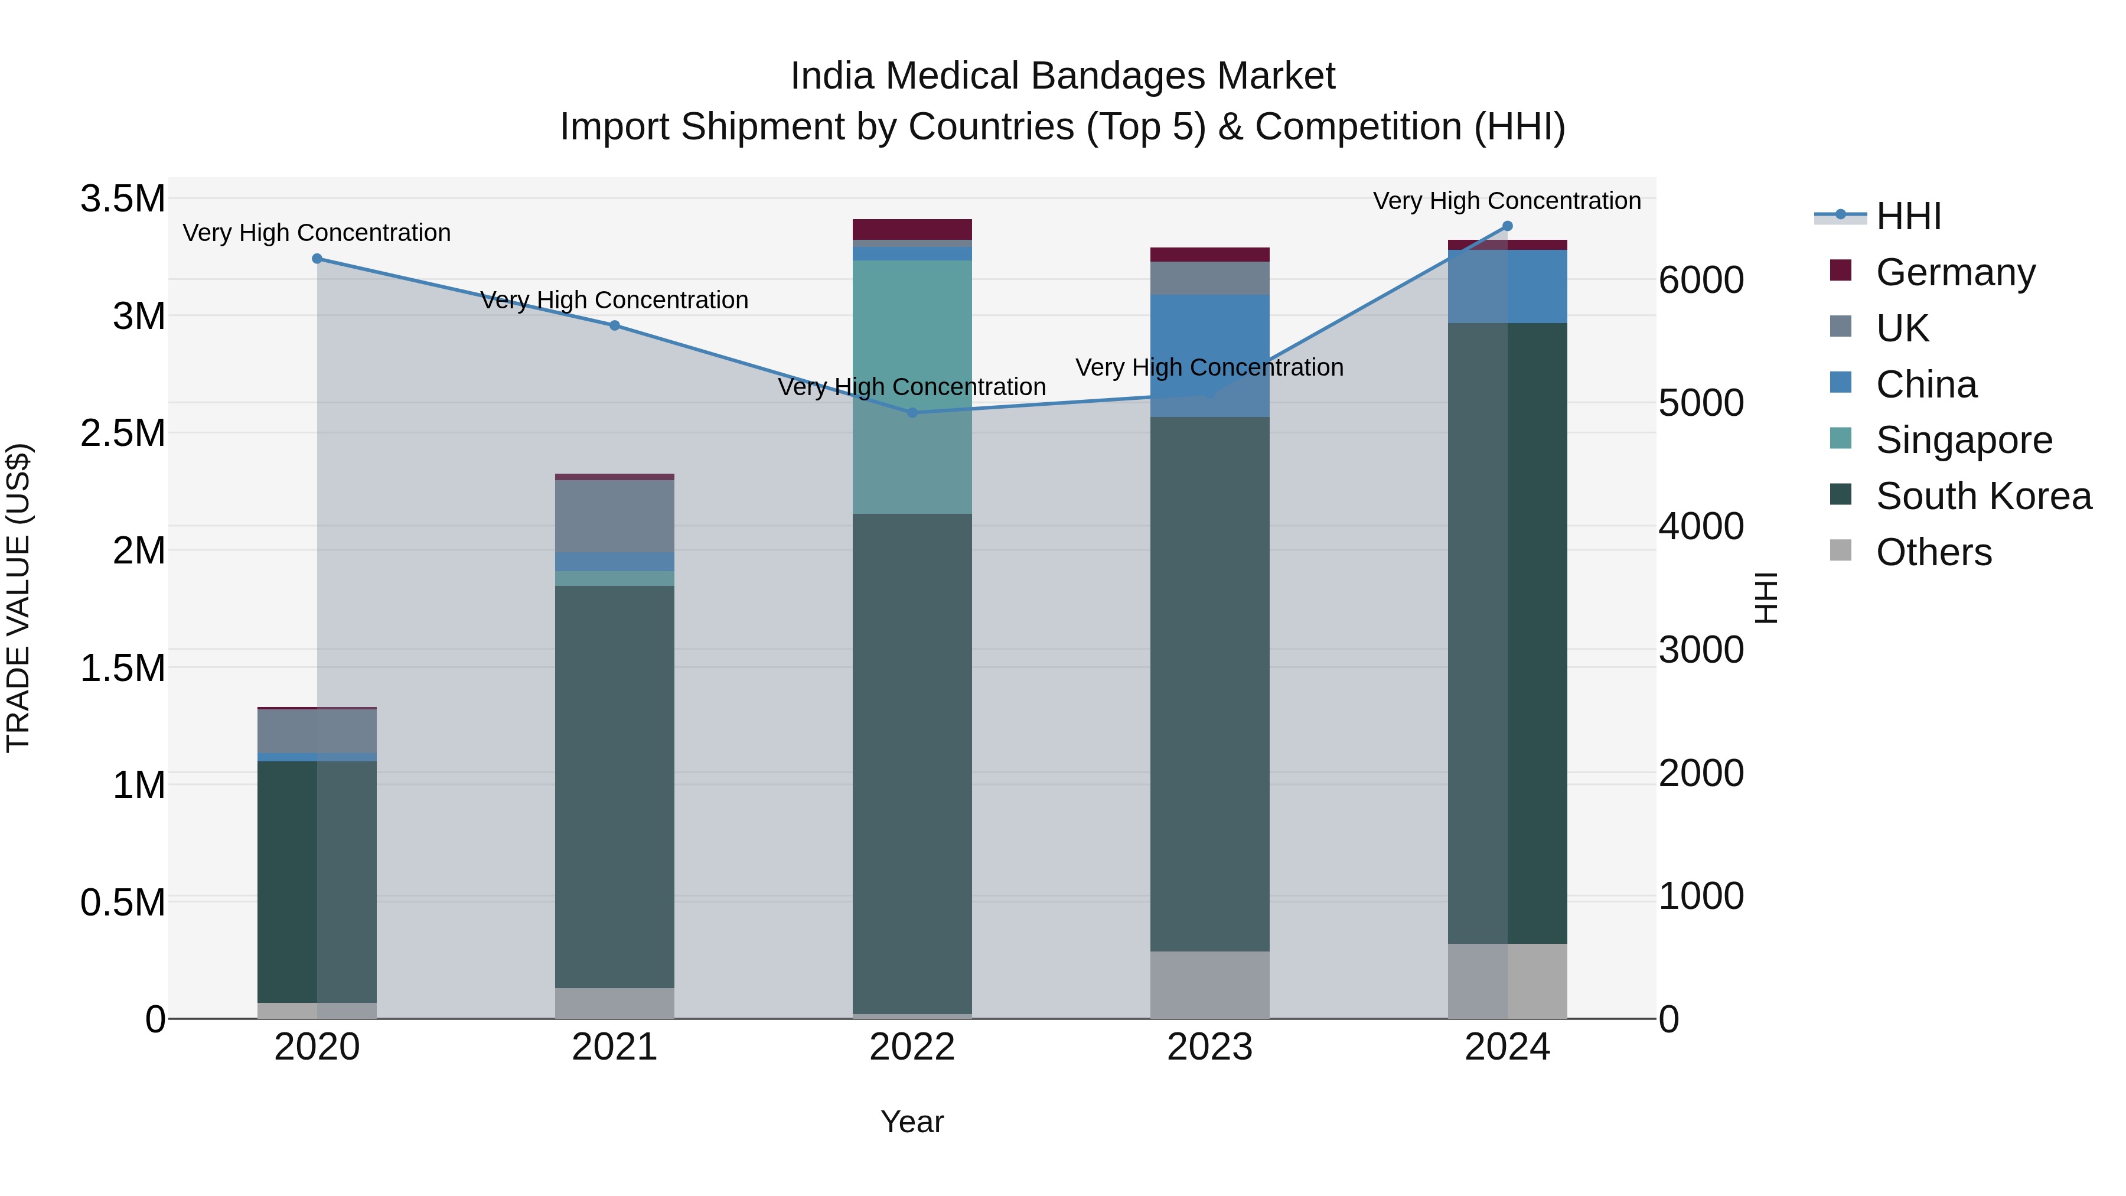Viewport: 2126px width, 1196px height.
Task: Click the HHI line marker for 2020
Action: [x=317, y=258]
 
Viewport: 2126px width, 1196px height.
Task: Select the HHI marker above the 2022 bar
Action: [x=912, y=413]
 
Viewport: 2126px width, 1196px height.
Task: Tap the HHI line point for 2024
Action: [x=1507, y=226]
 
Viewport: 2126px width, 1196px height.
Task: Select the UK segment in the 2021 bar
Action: [x=614, y=516]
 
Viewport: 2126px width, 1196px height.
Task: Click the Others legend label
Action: [x=1933, y=552]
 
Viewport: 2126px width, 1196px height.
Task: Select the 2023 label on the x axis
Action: [x=1210, y=1047]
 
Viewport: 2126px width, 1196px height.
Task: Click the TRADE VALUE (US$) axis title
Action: [x=19, y=598]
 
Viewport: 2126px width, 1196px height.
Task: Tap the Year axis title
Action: [x=912, y=1122]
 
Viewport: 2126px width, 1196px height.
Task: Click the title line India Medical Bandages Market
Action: [x=1062, y=76]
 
